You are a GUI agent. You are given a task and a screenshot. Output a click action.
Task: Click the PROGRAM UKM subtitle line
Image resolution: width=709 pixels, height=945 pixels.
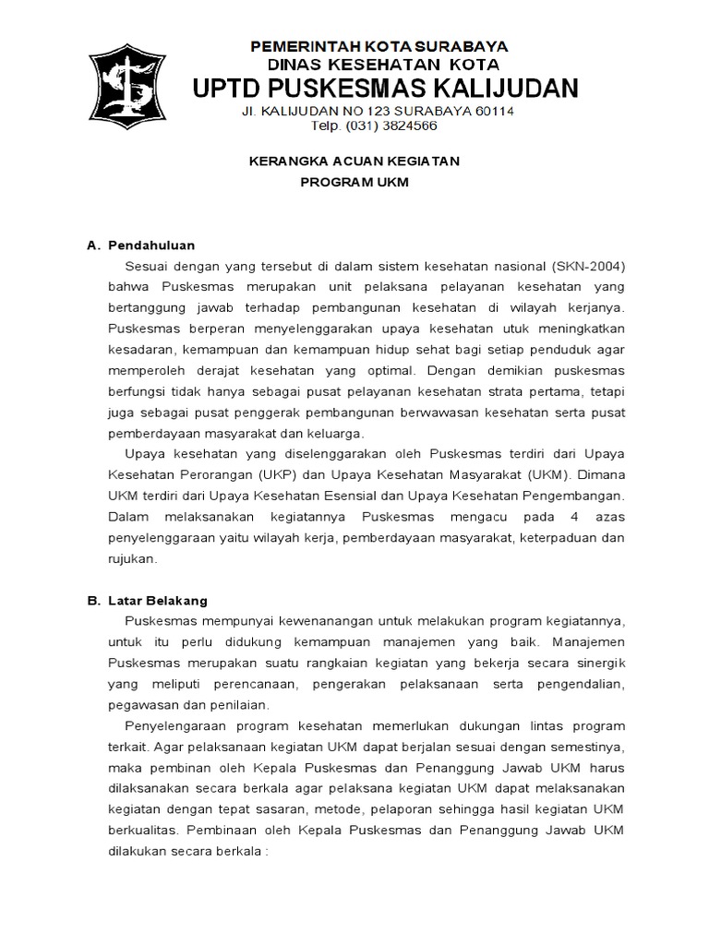coord(354,183)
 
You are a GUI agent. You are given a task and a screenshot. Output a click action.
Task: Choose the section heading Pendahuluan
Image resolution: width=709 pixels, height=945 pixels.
coord(151,245)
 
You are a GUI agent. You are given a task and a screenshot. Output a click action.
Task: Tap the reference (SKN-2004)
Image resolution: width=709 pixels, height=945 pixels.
coord(589,267)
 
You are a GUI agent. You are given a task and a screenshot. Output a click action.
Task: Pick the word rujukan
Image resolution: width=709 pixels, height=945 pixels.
coord(133,557)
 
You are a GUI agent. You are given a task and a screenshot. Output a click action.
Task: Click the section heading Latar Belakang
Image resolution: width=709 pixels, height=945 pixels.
coord(158,600)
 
